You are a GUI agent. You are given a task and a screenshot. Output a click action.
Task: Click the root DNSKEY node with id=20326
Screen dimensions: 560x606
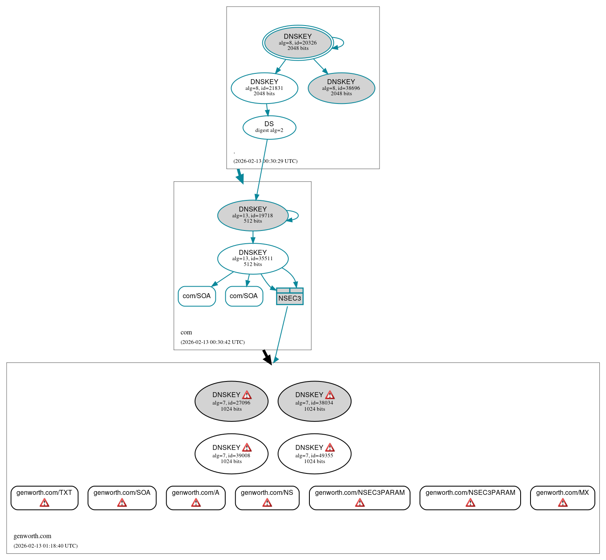coord(297,42)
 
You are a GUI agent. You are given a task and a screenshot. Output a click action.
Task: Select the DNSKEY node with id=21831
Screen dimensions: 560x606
coord(264,88)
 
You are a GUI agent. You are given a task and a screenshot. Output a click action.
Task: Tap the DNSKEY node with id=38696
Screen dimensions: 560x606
coord(341,88)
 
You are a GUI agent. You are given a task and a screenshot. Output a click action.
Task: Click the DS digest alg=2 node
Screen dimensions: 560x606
coord(269,127)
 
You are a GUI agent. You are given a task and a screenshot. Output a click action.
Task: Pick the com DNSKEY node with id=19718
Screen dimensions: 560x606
coord(252,215)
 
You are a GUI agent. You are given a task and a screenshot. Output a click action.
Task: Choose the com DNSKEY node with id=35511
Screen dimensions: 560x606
coord(252,259)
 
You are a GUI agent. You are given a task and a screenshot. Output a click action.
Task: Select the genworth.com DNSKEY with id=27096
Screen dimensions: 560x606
coord(231,401)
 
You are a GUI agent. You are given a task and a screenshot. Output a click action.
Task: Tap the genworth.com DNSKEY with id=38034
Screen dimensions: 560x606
coord(314,401)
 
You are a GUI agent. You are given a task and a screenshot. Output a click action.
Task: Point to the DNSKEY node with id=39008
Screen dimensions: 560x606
coord(231,454)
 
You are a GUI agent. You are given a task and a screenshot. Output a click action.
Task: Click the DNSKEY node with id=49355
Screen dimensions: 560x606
coord(314,454)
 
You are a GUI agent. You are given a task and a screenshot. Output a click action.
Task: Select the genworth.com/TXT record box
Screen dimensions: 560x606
coord(44,497)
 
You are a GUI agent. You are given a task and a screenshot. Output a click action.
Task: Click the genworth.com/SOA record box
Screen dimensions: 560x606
coord(122,497)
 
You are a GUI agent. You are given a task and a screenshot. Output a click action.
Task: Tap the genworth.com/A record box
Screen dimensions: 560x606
coord(196,497)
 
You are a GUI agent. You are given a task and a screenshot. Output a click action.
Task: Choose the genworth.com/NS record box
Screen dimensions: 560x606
coord(267,497)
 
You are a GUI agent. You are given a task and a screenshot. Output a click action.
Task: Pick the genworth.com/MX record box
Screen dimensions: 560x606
coord(562,497)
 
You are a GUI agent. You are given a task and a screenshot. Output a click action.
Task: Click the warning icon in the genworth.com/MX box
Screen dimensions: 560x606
coord(563,503)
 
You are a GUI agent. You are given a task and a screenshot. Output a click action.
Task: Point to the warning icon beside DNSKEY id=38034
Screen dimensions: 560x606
coord(330,395)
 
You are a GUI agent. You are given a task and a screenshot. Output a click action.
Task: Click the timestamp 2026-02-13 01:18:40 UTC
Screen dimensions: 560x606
coord(45,546)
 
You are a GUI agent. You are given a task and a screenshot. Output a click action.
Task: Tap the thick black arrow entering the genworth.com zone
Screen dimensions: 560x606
coord(267,357)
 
